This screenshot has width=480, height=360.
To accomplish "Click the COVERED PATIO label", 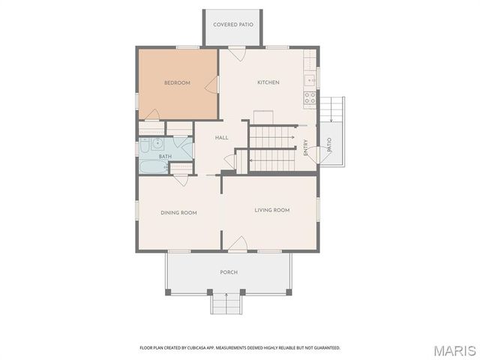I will tap(233, 25).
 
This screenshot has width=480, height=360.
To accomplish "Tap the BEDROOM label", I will tap(178, 82).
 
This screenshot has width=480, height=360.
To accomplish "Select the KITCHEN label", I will tap(268, 82).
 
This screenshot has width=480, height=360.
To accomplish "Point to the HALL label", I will tap(222, 138).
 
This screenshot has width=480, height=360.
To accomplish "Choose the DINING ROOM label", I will tap(178, 213).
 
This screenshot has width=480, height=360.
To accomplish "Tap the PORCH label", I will tap(229, 272).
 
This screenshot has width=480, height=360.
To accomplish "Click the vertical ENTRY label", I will tap(306, 148).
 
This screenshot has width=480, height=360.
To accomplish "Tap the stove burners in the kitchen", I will tap(310, 97).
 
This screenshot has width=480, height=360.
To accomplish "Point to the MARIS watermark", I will tap(454, 349).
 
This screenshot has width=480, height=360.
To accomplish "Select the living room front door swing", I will tap(238, 244).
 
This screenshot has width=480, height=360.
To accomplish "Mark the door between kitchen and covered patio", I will tap(237, 54).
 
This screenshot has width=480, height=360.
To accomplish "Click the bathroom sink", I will tap(158, 146).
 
